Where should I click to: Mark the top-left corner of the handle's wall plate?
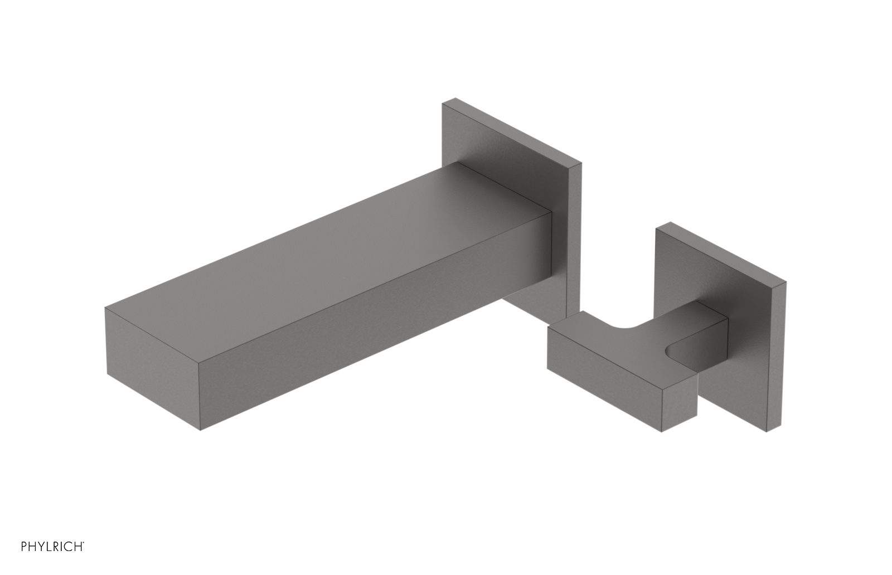tap(658, 226)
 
